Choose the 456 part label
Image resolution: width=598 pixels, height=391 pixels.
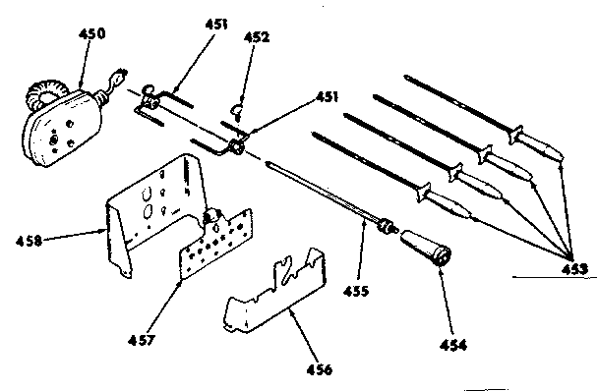319,369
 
